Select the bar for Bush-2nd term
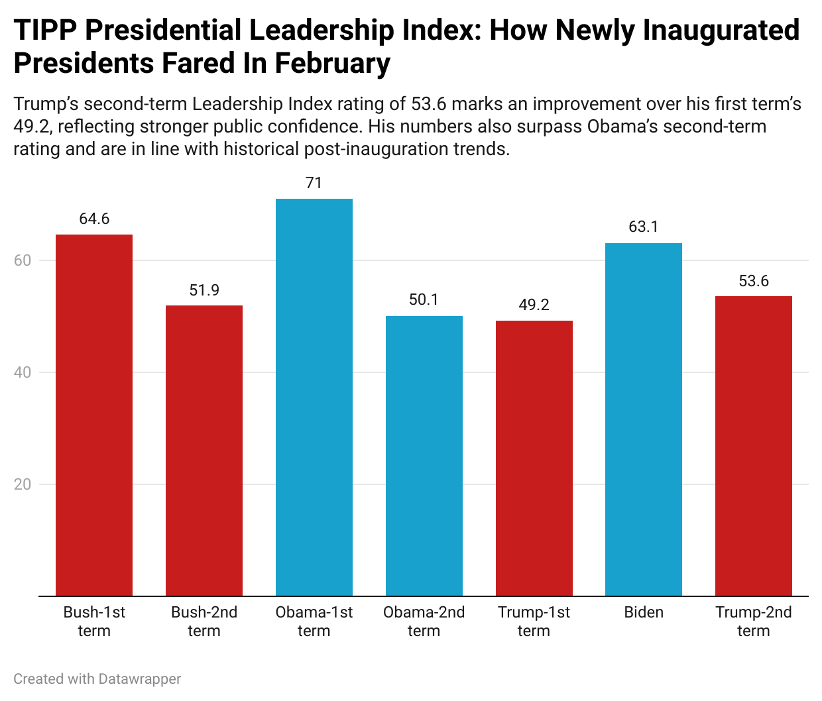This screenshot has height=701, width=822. click(204, 451)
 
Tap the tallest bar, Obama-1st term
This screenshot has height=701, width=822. click(314, 398)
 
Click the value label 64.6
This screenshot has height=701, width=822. click(94, 219)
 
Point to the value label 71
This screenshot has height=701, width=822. click(314, 184)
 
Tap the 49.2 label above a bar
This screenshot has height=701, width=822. click(534, 305)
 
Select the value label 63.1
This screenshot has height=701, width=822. click(644, 227)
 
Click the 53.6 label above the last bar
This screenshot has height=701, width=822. click(754, 281)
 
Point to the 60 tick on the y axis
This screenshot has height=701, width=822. click(23, 260)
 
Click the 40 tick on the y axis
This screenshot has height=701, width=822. click(23, 372)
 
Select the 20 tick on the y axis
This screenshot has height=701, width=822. click(23, 484)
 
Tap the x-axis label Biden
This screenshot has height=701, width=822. click(644, 612)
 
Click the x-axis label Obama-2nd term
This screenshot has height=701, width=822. click(424, 621)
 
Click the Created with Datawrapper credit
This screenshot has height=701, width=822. click(97, 679)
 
